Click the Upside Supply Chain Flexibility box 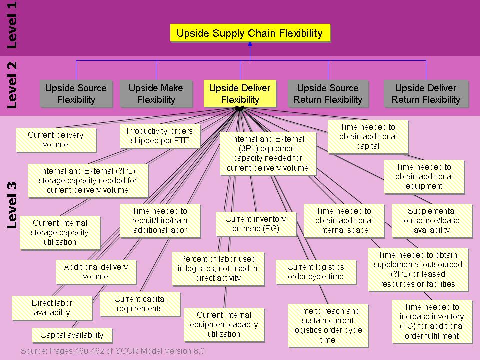coord(250,33)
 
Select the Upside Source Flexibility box coord(76,93)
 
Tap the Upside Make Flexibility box coord(156,93)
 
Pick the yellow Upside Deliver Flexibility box coord(240,93)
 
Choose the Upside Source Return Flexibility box coord(328,93)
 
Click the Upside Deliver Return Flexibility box coord(426,93)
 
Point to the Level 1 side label coord(12,25)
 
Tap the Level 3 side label coord(12,205)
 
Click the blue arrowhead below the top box coord(250,44)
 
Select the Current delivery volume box coord(56,140)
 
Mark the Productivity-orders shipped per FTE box coord(160,136)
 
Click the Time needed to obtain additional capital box coord(368,136)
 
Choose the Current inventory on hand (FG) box coord(256,224)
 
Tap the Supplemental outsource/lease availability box coord(432,220)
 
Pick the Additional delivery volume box coord(96,272)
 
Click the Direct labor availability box coord(52,308)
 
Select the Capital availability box coord(72,335)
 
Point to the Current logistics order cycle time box coord(316,272)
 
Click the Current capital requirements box coord(140,304)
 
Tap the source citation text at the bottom coord(113,351)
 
